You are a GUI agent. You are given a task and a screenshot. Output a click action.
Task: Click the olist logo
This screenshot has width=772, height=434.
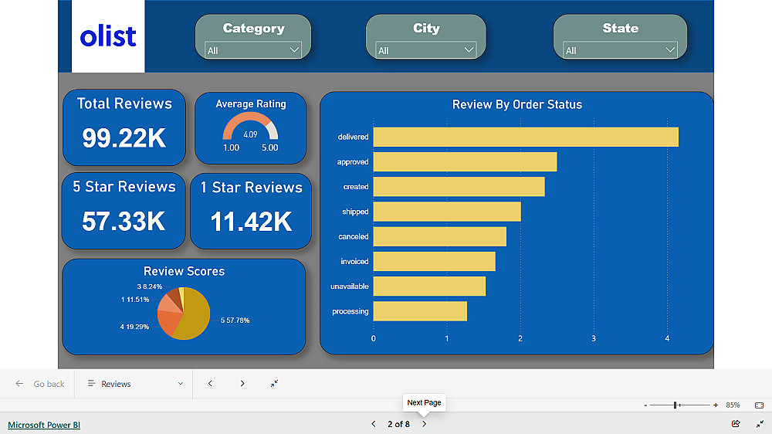click(108, 36)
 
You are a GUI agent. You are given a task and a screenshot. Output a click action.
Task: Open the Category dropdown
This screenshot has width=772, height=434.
click(253, 50)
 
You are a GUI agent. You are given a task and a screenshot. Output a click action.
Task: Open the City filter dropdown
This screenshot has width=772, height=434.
click(425, 50)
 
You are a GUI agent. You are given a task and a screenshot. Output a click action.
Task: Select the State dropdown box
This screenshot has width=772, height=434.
click(620, 50)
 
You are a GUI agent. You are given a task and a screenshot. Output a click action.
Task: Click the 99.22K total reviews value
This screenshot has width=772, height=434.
click(124, 137)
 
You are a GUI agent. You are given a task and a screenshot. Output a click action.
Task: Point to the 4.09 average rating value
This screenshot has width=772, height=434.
click(250, 134)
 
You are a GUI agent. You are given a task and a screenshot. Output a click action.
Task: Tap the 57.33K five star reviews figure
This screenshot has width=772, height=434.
click(124, 221)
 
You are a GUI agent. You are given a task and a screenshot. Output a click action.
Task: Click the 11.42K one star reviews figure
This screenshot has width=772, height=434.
click(251, 222)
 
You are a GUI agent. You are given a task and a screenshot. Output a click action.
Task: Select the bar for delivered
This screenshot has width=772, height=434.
click(525, 137)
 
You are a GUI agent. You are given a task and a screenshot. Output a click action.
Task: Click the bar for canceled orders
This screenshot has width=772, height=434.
click(439, 236)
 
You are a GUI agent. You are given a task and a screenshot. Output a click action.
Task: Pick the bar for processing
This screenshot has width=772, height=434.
click(420, 311)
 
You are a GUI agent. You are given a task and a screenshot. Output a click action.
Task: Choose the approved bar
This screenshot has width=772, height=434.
click(465, 162)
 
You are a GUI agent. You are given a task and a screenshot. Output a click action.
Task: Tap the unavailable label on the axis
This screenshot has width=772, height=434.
click(350, 287)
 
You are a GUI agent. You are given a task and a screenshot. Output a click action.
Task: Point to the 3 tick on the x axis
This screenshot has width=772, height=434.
click(594, 338)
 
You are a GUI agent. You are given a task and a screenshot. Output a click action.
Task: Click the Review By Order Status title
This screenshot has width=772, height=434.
click(516, 104)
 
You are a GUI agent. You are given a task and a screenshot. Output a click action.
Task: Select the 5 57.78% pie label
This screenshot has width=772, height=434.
click(235, 320)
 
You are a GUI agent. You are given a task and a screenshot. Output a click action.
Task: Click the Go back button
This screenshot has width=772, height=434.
click(40, 384)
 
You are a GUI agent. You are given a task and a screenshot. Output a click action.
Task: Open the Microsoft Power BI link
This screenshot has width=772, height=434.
click(44, 425)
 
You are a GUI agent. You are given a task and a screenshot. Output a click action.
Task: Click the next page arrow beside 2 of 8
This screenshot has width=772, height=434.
click(424, 424)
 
